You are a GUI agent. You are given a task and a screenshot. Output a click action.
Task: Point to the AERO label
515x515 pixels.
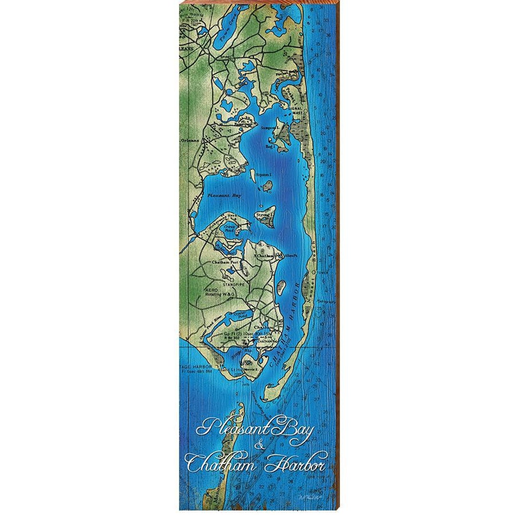(x=211, y=290)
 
